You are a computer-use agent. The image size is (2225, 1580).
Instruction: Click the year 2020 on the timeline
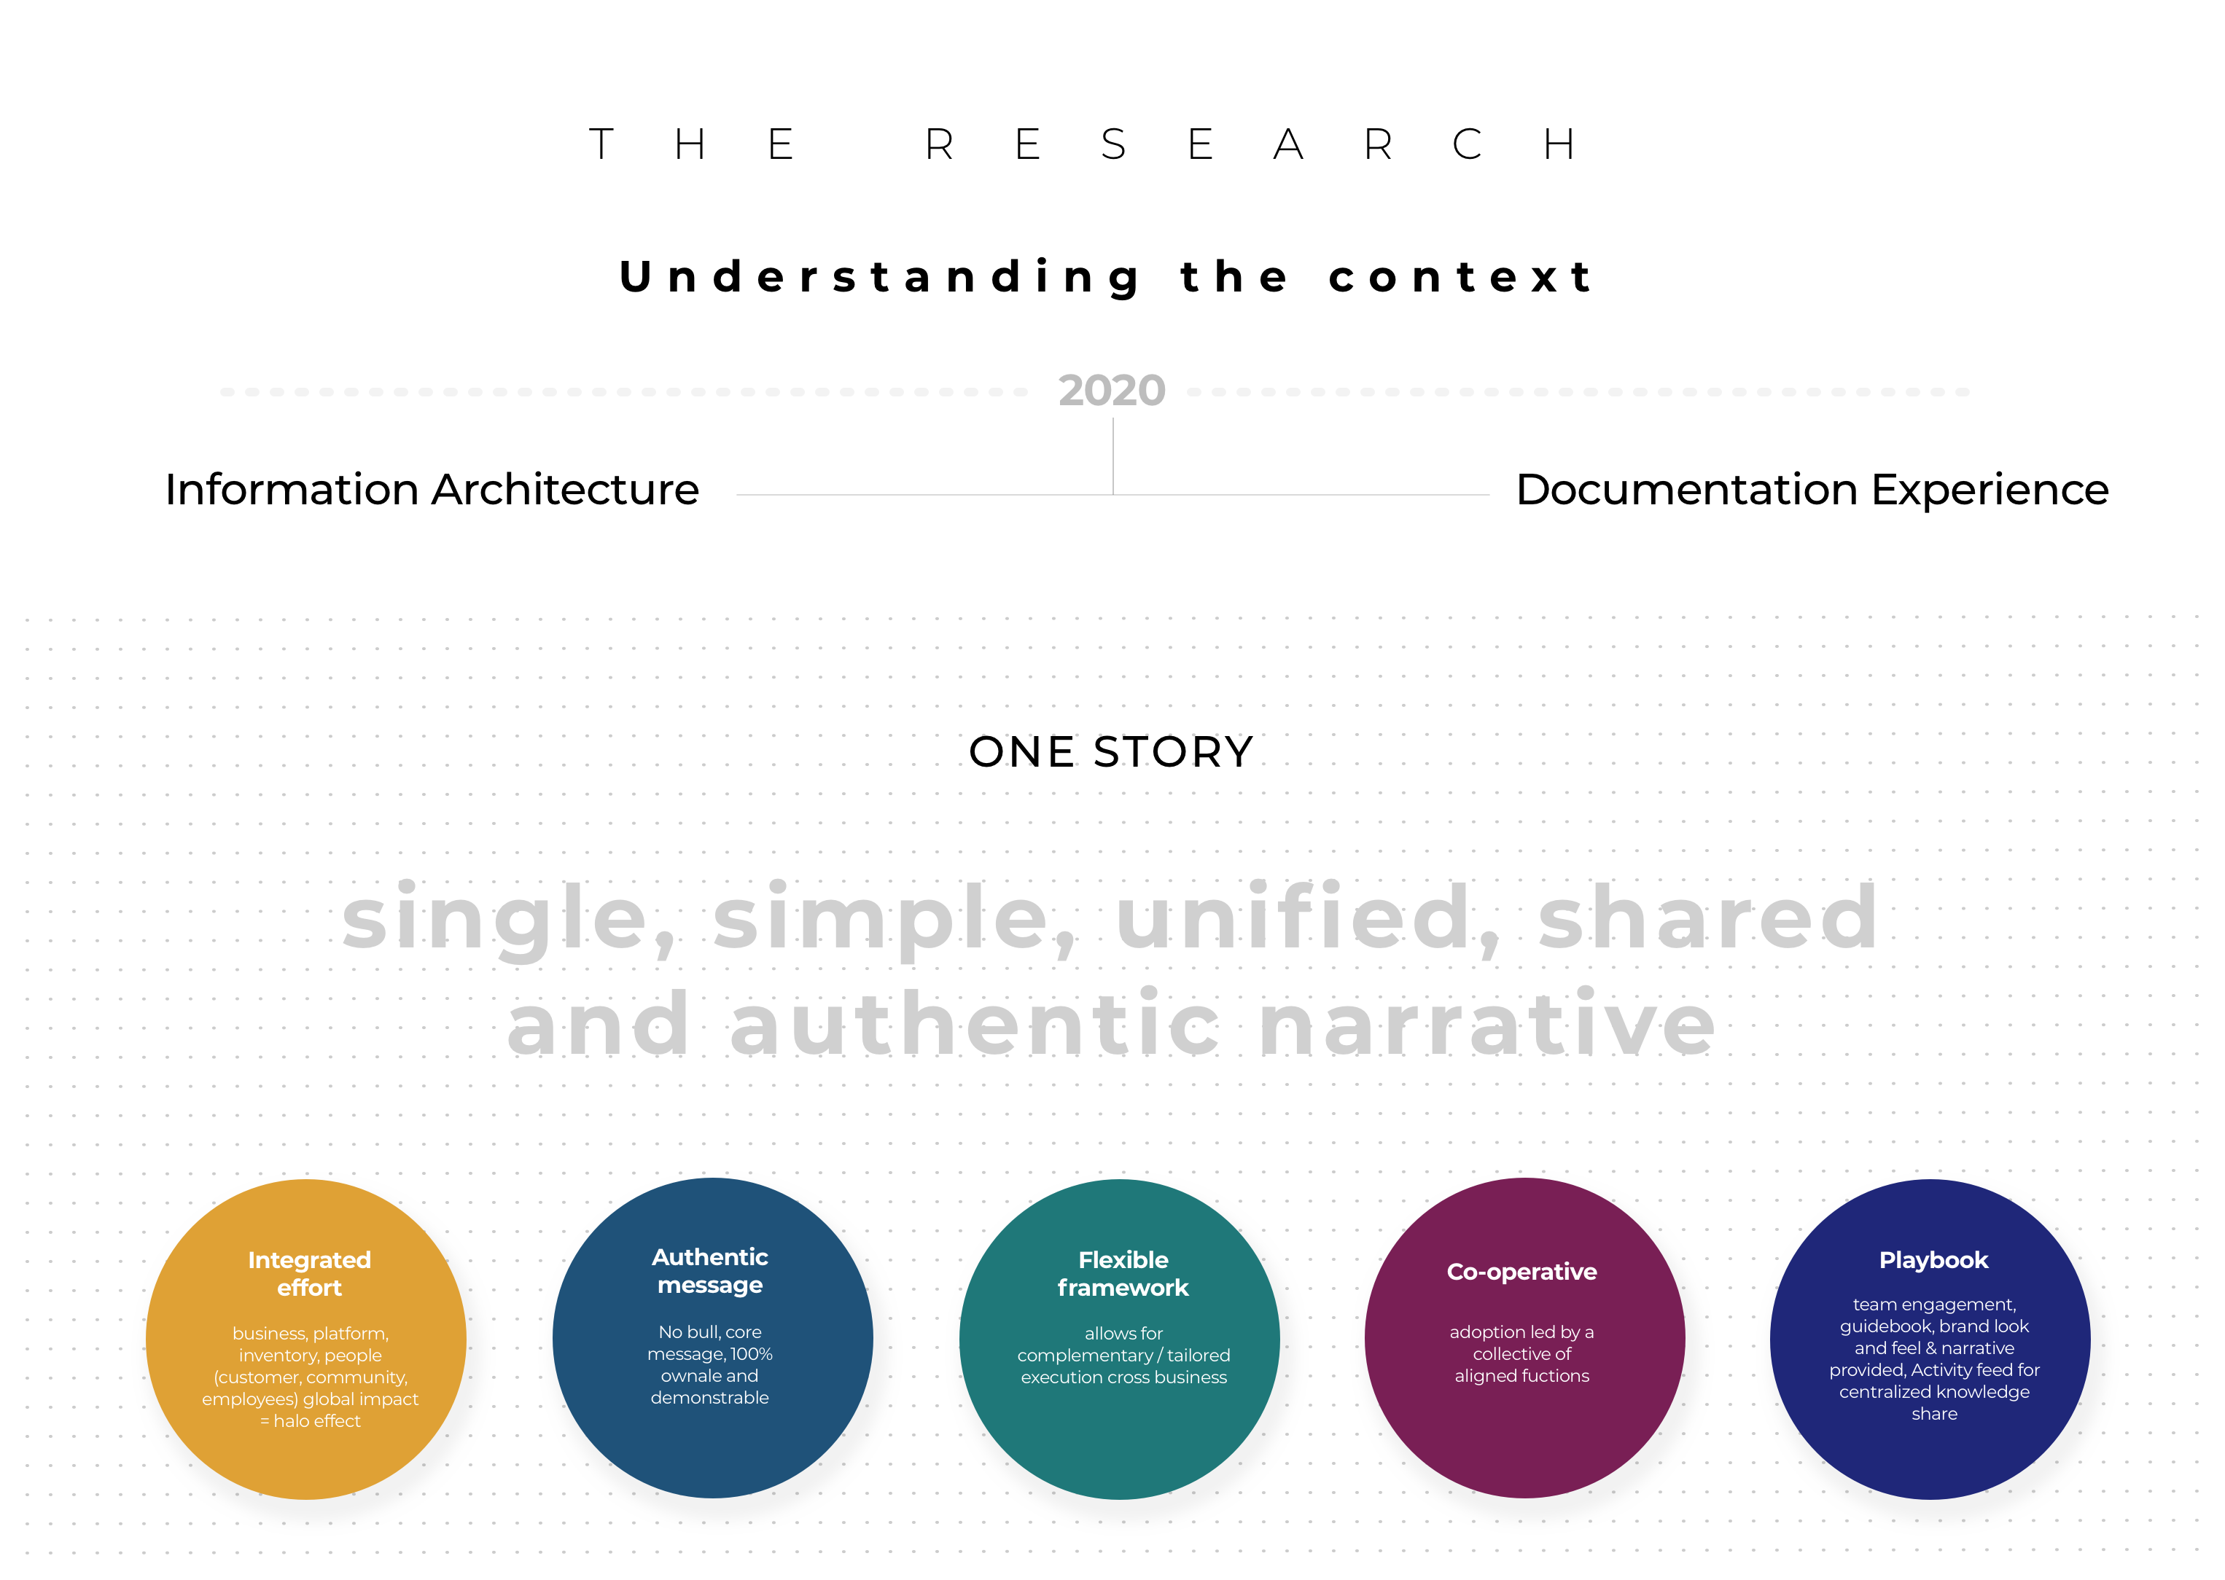coord(1112,391)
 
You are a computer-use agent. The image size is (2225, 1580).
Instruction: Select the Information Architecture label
coord(432,489)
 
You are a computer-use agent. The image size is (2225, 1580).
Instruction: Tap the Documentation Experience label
coord(1812,489)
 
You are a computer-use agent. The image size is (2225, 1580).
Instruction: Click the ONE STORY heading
coord(1112,752)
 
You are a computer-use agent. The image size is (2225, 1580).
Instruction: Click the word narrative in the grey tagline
coord(1487,1025)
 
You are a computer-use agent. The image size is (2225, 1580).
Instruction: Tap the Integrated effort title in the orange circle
coord(310,1273)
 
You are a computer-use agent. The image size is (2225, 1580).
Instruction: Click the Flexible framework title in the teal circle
coord(1123,1273)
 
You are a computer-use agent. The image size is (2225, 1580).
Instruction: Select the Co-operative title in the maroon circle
coord(1522,1272)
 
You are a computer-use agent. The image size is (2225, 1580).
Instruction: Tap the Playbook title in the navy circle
coord(1934,1261)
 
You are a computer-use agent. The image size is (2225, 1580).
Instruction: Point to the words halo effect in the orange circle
coord(317,1421)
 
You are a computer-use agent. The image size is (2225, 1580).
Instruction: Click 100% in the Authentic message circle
coord(752,1354)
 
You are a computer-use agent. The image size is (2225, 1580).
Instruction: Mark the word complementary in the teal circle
coord(1086,1356)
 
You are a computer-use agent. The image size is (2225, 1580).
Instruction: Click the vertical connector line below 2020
coord(1112,456)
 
